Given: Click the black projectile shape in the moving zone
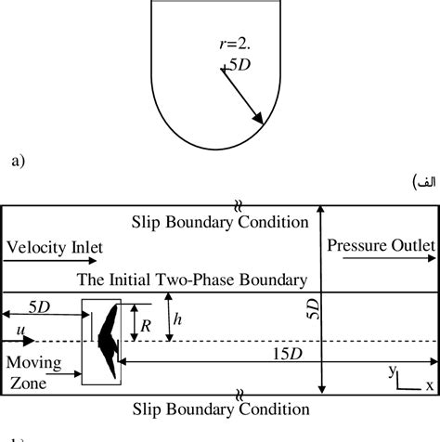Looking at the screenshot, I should coord(109,340).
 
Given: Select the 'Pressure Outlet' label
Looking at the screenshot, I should coord(381,244).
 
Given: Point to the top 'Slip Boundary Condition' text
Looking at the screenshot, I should coord(220,222).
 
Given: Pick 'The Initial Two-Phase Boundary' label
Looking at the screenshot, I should coord(192,279).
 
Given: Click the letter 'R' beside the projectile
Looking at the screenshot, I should coord(145,326).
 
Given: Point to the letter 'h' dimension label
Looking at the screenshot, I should coord(179,318).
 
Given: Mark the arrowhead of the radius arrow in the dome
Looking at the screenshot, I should coord(260,117).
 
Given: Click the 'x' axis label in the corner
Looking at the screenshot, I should coord(429,383).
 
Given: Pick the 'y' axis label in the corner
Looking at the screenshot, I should coord(394,369).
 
